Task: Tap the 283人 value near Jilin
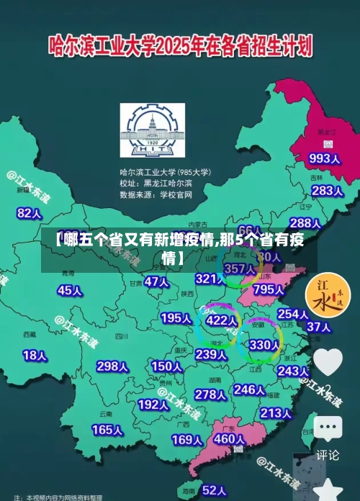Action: (327, 191)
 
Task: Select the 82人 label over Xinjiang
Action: (30, 193)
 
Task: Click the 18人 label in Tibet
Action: (35, 355)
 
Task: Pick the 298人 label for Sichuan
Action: (112, 366)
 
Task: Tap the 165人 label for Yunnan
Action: (107, 430)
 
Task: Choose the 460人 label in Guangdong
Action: (230, 438)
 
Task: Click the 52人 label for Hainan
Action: (214, 489)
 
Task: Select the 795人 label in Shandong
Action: (269, 289)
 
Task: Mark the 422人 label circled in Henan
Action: (221, 320)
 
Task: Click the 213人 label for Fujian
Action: (275, 413)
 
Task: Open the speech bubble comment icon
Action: (328, 430)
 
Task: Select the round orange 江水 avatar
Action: (328, 296)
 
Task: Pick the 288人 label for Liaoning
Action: (305, 224)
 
